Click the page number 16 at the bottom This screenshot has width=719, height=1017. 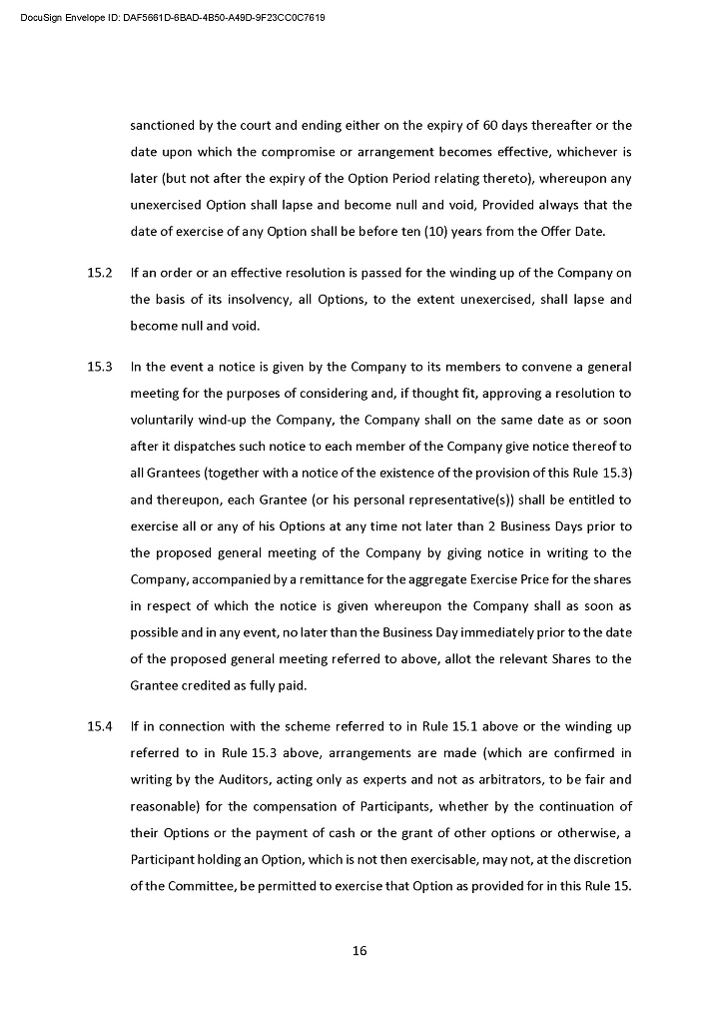(359, 950)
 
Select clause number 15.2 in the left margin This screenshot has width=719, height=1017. (99, 273)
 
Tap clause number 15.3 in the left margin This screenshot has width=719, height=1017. (99, 367)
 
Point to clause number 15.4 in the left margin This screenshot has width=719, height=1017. (99, 725)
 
